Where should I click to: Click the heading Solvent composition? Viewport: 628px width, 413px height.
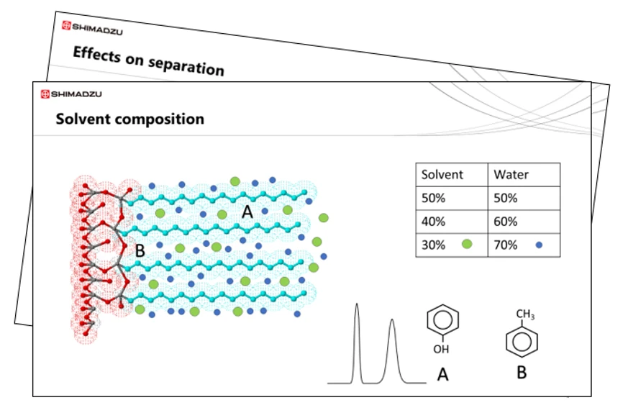click(x=129, y=119)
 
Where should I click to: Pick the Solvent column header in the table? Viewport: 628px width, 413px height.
click(x=442, y=175)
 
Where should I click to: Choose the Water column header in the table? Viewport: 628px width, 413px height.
click(x=511, y=175)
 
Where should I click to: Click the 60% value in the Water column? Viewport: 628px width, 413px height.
click(x=506, y=222)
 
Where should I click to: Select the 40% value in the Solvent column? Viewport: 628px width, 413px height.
click(x=433, y=222)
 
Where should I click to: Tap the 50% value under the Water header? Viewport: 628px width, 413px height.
click(x=506, y=199)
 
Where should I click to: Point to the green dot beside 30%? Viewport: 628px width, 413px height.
click(x=467, y=245)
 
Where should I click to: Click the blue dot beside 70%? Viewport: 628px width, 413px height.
click(x=539, y=245)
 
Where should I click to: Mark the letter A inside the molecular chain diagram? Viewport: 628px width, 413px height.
click(x=247, y=212)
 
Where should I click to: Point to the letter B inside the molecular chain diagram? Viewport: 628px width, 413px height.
click(x=140, y=251)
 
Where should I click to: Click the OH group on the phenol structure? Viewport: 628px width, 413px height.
click(x=441, y=350)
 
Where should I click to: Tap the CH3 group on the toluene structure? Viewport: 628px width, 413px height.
click(x=525, y=315)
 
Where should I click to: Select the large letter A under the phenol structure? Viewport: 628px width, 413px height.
click(x=442, y=374)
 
